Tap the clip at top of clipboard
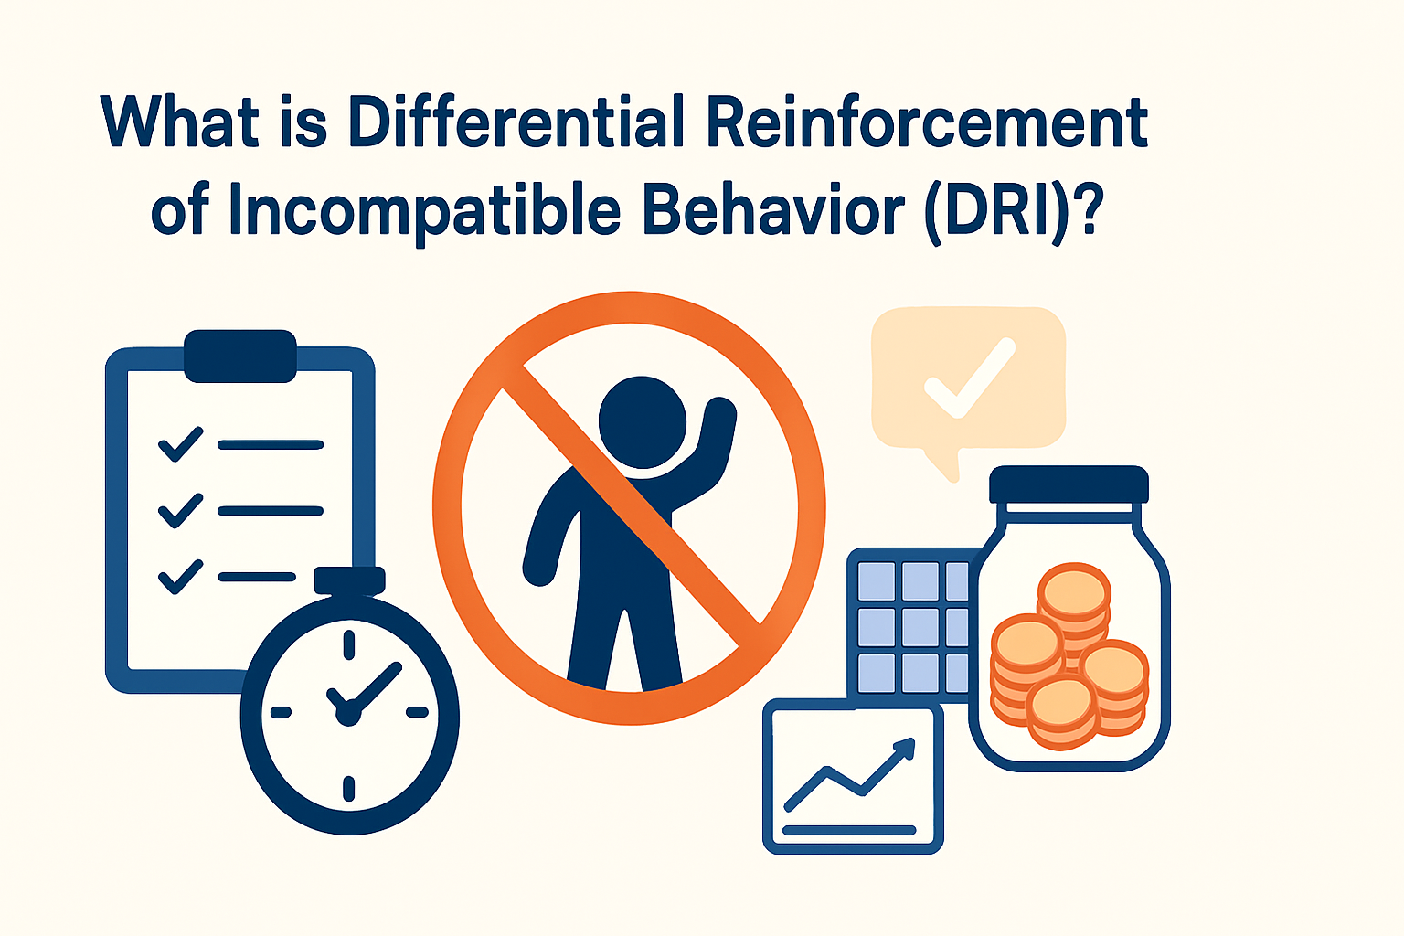point(240,356)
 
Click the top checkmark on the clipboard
point(180,444)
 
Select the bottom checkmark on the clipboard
point(180,577)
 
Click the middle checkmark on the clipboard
point(180,510)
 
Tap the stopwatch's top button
point(349,580)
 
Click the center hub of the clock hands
point(347,714)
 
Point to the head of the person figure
point(642,421)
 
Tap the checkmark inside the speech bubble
point(969,379)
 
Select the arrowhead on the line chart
point(905,746)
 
